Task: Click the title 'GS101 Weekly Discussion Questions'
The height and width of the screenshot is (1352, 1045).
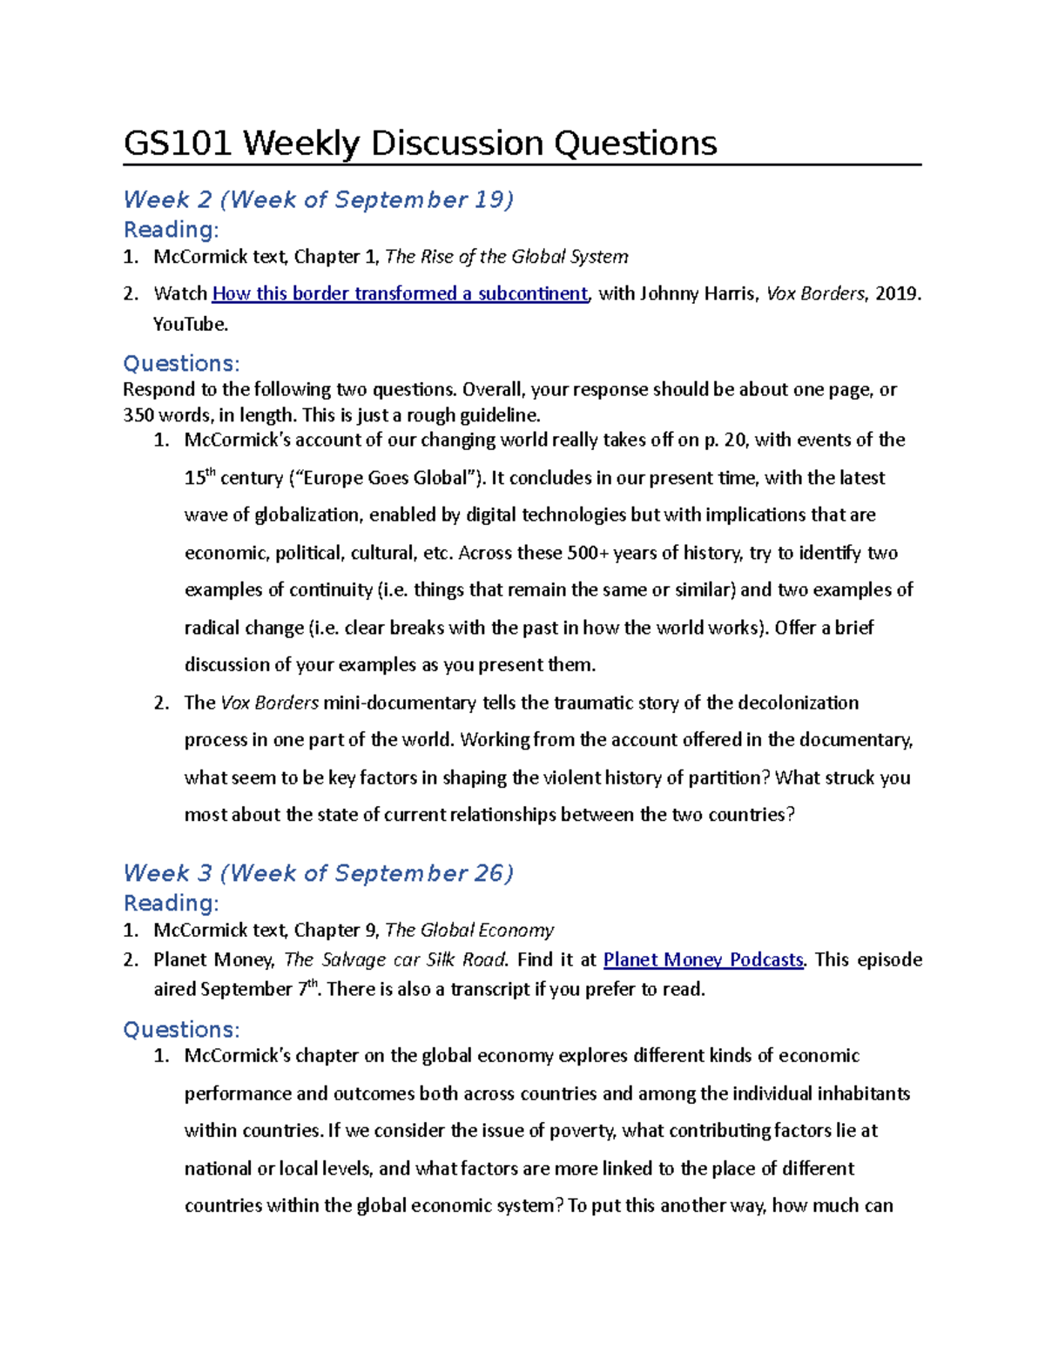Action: (x=420, y=143)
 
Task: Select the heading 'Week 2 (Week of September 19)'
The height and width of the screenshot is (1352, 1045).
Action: (x=318, y=199)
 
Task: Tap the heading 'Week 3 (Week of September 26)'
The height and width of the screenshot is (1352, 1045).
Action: (x=318, y=872)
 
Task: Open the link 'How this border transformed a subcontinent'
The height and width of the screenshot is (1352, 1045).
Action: (x=400, y=293)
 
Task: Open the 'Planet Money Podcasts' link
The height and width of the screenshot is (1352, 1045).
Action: (x=703, y=959)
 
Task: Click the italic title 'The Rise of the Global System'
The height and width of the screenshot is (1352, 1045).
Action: (x=506, y=257)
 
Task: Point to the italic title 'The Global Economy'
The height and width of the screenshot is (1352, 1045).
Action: (x=469, y=930)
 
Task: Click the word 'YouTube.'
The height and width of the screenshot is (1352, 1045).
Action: (x=191, y=325)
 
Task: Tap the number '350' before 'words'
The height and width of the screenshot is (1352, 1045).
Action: (x=138, y=414)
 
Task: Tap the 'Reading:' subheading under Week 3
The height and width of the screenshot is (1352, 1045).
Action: (x=171, y=903)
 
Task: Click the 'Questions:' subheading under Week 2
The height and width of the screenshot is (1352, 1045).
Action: (x=181, y=363)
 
